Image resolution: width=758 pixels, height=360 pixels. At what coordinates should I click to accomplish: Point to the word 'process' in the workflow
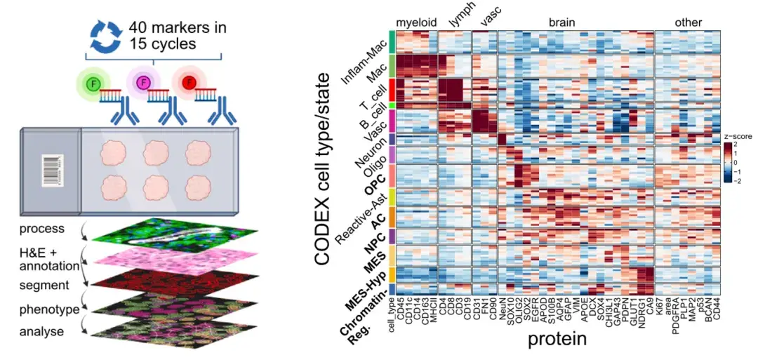(41, 229)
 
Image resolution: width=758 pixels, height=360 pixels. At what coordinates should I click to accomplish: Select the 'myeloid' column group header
(418, 22)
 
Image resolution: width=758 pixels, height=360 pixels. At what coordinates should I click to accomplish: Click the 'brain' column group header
(562, 22)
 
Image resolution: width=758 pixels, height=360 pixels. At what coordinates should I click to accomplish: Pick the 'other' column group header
(687, 22)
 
